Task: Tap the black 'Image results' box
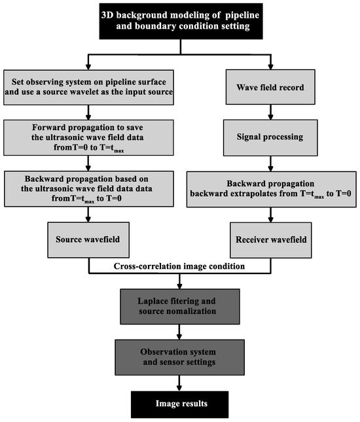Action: (178, 404)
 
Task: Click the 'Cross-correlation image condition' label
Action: (178, 267)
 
